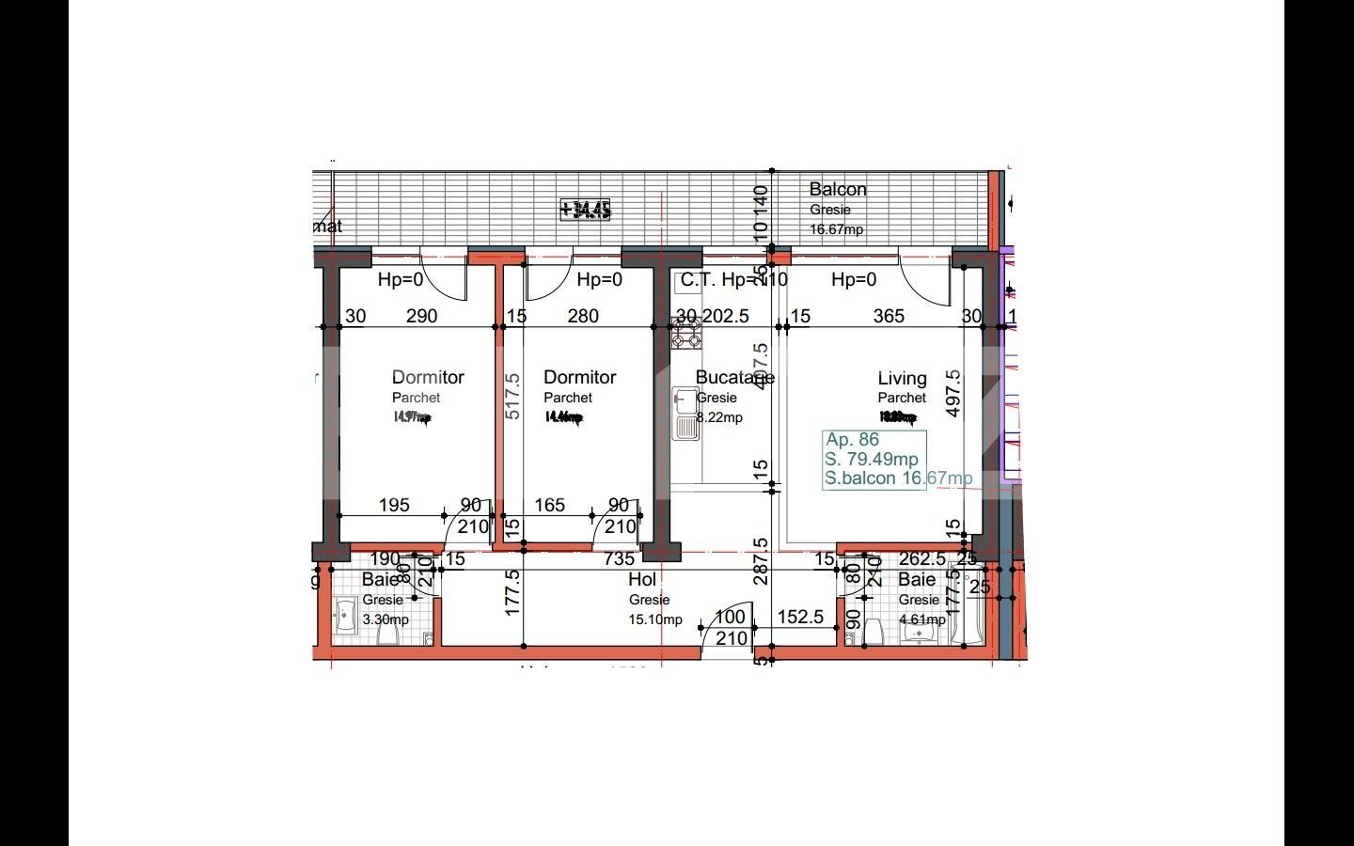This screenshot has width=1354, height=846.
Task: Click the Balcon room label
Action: point(838,190)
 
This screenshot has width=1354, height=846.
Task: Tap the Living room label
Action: point(902,378)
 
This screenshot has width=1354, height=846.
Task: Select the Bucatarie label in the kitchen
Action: point(734,377)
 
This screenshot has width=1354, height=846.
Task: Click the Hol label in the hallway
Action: point(642,579)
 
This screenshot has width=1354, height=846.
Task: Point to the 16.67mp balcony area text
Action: point(836,229)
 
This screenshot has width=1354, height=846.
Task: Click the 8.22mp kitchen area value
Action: point(719,417)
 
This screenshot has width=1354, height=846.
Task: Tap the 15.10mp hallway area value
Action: point(655,619)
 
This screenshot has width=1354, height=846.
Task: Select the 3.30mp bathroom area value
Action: point(386,619)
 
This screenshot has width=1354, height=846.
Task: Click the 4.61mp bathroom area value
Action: point(921,619)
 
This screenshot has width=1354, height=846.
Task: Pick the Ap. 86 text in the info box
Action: point(852,439)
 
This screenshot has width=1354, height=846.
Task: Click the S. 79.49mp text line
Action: point(872,459)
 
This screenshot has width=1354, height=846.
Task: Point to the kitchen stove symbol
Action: point(685,333)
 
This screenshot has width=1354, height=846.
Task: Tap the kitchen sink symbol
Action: point(685,415)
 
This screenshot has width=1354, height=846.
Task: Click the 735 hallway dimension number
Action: point(619,559)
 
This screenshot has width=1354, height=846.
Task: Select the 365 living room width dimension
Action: point(889,316)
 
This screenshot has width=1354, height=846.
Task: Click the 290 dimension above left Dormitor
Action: point(421,316)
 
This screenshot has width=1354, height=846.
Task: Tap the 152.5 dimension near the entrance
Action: point(801,617)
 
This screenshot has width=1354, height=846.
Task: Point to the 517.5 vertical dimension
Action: point(512,397)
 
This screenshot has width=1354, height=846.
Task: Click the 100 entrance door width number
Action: point(730,618)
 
